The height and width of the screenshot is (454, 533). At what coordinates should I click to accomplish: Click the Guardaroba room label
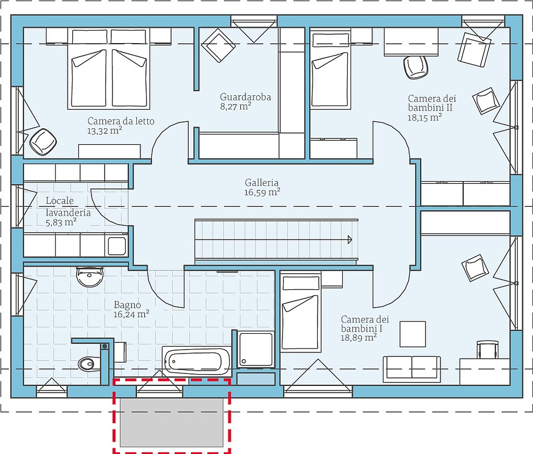tap(245, 97)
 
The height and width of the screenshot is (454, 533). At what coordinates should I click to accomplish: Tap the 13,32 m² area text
tap(105, 131)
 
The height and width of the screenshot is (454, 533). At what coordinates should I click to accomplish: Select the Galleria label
tap(261, 183)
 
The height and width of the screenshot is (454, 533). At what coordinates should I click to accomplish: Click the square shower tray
tap(256, 350)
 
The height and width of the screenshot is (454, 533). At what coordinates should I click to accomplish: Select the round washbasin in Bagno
tap(90, 276)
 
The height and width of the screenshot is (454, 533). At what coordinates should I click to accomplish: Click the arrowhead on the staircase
tap(350, 240)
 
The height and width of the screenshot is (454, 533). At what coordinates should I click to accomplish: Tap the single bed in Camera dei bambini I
tap(301, 312)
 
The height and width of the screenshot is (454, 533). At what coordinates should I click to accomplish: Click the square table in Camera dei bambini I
tap(413, 334)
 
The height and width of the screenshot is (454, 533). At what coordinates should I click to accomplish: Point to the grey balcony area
tap(172, 422)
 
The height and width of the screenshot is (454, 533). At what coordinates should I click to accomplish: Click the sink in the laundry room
tap(117, 246)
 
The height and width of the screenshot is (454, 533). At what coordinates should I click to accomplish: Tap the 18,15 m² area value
tap(425, 117)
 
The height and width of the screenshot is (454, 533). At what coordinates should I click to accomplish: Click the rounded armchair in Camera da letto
tap(43, 142)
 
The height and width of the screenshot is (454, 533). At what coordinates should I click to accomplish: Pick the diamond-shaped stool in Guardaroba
tap(219, 45)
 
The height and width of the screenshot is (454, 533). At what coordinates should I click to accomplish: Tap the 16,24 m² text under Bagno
tap(132, 314)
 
